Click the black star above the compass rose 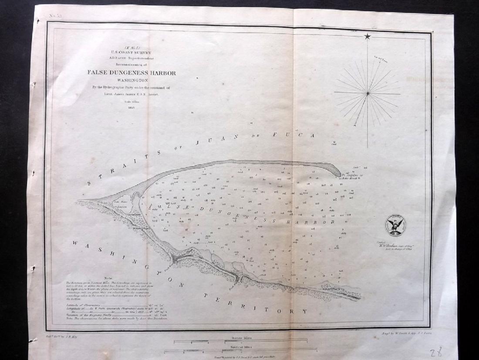pyautogui.click(x=368, y=37)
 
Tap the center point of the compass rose pyautogui.click(x=368, y=93)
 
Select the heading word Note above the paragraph pyautogui.click(x=109, y=278)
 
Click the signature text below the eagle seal pyautogui.click(x=394, y=245)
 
